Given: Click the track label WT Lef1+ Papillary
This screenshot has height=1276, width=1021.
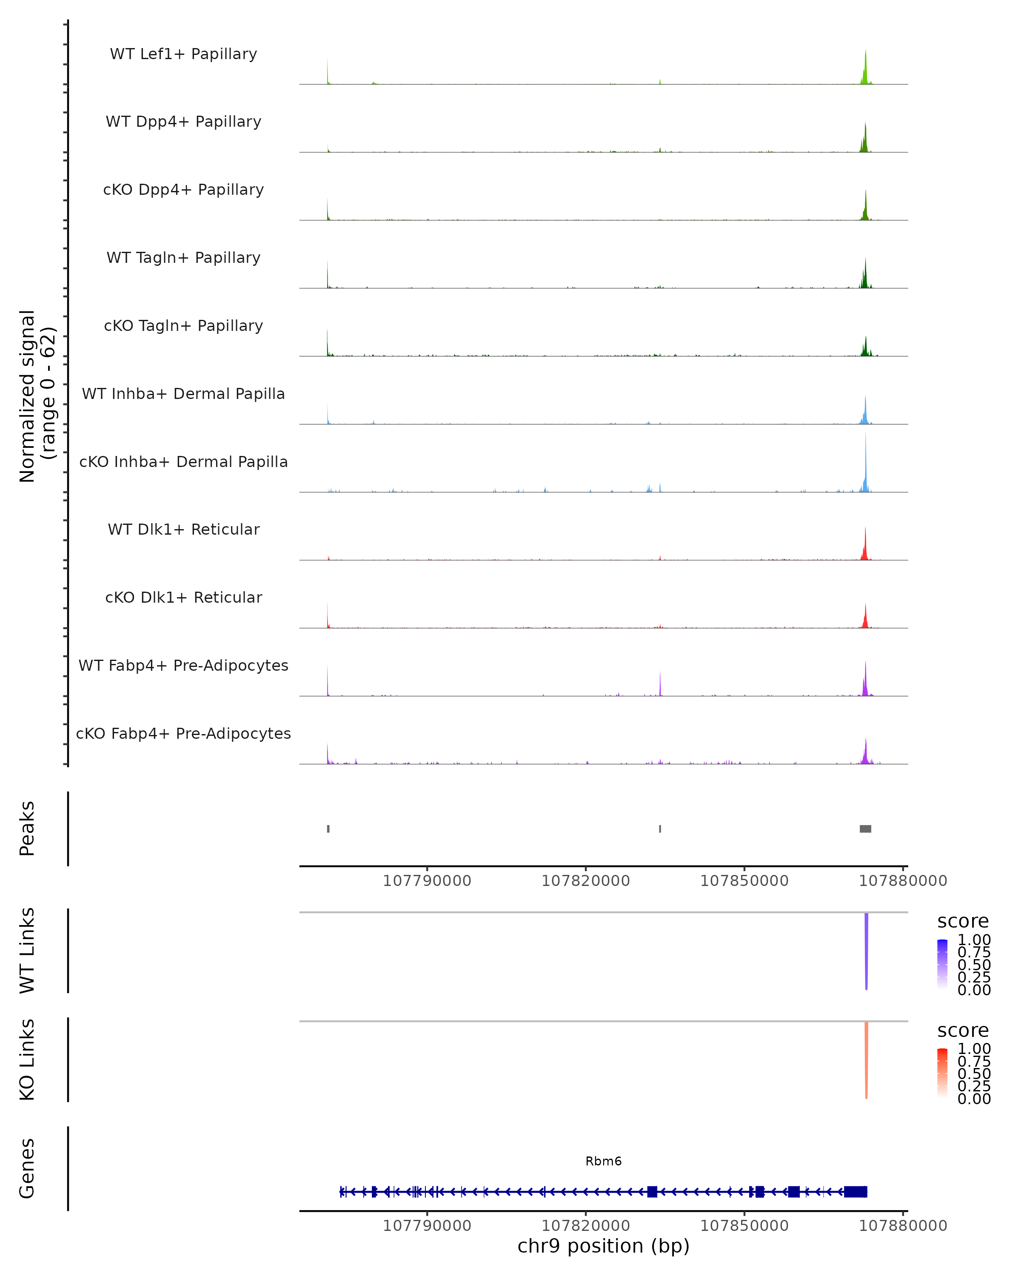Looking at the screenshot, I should click(x=183, y=54).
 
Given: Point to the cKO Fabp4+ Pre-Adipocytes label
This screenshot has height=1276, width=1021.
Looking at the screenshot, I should click(x=183, y=733).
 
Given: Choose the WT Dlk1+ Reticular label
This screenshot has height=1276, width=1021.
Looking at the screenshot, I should click(x=183, y=529).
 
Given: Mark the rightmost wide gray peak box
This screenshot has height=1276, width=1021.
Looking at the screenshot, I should click(x=865, y=829).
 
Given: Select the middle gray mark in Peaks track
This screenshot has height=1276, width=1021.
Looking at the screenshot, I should click(x=660, y=829).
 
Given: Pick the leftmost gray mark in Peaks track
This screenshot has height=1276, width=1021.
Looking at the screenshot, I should click(x=328, y=829).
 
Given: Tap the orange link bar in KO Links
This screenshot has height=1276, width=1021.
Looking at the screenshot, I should click(x=867, y=1060).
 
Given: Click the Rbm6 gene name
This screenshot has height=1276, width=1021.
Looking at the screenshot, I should click(x=604, y=1161).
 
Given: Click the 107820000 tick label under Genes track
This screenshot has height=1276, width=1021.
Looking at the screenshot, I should click(x=586, y=1226).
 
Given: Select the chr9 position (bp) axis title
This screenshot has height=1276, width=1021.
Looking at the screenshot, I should click(x=604, y=1246).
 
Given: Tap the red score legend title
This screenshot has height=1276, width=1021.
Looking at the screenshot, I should click(x=963, y=1031).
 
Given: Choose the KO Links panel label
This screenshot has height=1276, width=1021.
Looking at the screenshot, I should click(x=27, y=1060).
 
